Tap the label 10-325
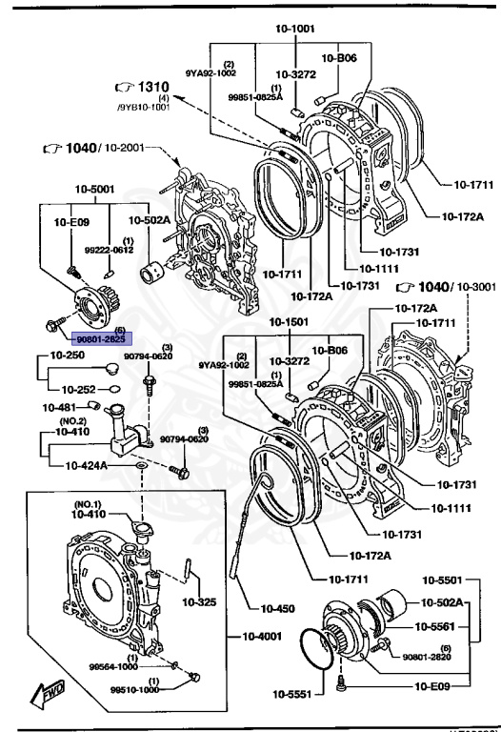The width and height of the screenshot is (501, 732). [x=200, y=602]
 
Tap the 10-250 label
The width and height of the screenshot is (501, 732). [x=68, y=355]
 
